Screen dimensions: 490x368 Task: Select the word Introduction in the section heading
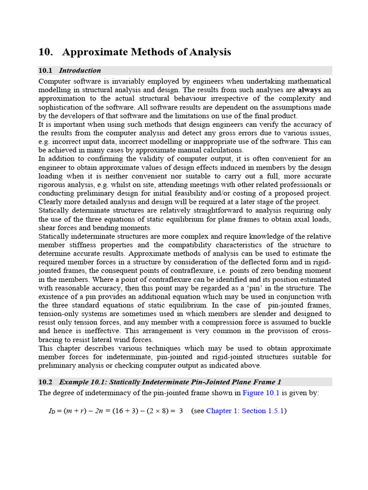[x=80, y=70]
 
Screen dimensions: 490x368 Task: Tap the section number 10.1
[x=46, y=70]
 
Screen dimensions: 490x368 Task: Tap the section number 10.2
[x=46, y=381]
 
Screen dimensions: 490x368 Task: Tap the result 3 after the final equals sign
[x=181, y=411]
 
